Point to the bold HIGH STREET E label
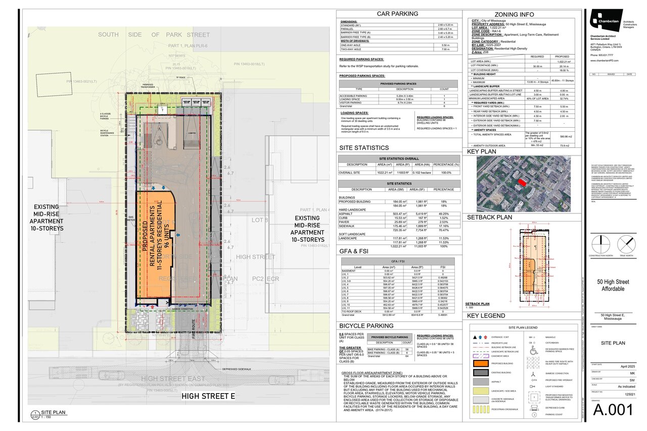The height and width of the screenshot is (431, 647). (208, 396)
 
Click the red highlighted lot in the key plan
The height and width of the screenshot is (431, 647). (521, 181)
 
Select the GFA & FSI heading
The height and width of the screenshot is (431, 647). (356, 251)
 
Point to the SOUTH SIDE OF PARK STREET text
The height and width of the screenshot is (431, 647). (154, 35)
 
